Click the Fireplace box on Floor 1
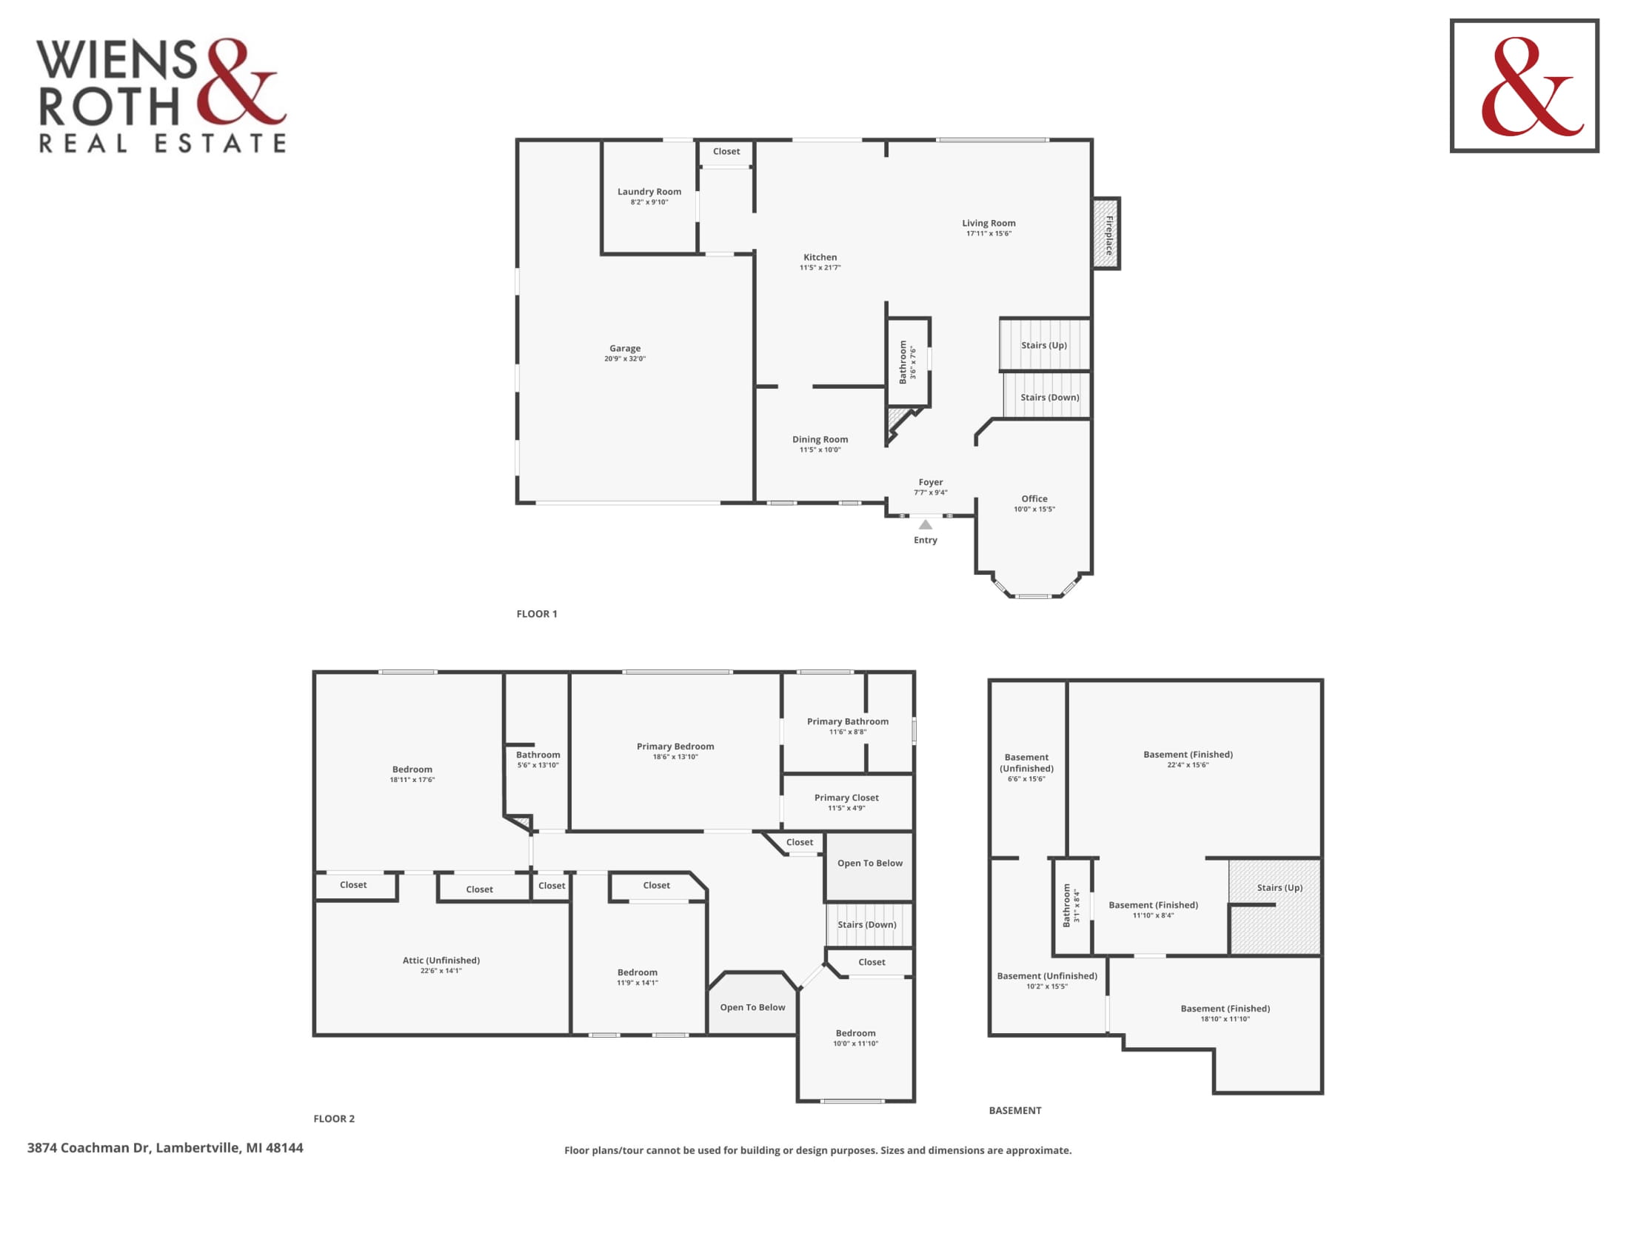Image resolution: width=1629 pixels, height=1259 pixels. point(1107,233)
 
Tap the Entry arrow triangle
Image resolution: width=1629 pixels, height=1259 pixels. point(925,524)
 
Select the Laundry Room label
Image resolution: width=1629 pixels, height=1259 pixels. point(649,192)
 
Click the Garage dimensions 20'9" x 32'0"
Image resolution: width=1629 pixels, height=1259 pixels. point(625,358)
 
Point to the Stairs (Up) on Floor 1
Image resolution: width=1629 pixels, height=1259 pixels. point(1044,344)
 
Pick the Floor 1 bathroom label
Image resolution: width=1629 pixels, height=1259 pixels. point(903,361)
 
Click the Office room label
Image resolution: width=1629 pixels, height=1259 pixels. point(1034,499)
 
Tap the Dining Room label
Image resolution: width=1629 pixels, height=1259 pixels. point(820,439)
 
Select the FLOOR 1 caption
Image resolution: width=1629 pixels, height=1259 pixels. point(536,614)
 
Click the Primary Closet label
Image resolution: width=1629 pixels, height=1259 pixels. point(846,798)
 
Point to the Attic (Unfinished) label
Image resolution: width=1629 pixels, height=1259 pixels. point(441,960)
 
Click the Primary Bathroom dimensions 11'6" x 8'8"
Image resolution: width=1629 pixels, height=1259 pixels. point(848,732)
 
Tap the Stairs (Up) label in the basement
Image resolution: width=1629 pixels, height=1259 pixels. point(1280,887)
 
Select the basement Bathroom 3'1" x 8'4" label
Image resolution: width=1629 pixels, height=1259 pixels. point(1071,906)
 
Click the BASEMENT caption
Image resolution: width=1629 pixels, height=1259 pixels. point(1015,1111)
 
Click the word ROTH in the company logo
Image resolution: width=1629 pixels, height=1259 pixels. point(110,107)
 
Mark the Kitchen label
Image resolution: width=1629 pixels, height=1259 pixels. point(820,257)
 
